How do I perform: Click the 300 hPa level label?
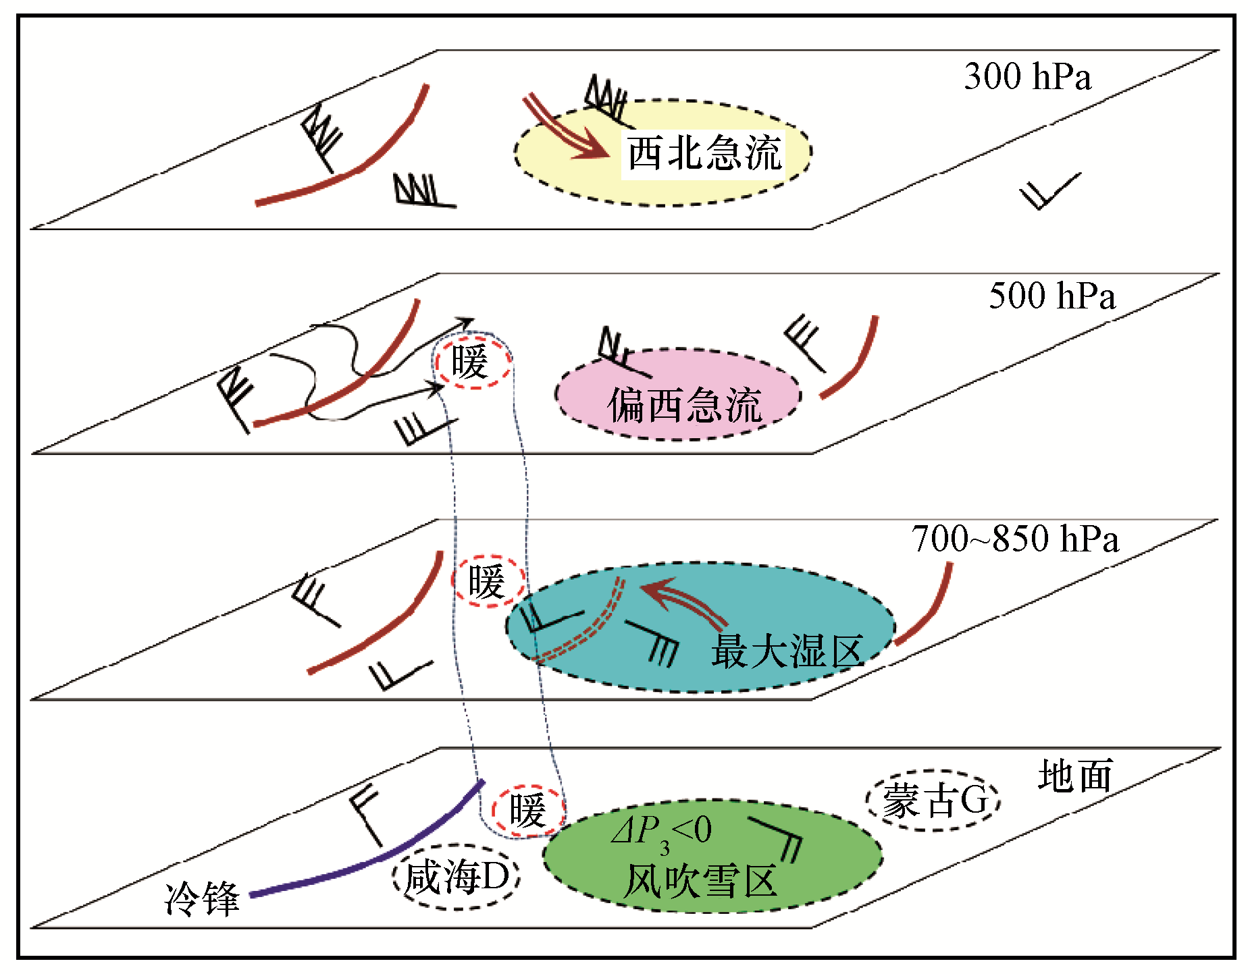tap(1026, 76)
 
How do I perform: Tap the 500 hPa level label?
tap(1051, 296)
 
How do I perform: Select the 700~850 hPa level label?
tap(1014, 539)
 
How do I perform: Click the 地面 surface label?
tap(1075, 776)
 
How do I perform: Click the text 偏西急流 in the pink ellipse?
tap(684, 405)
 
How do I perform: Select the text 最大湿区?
tap(787, 651)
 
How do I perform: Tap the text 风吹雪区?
tap(700, 881)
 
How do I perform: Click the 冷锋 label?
tap(202, 898)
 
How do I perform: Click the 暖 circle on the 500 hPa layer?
tap(471, 362)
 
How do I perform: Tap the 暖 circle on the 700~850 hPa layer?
tap(487, 581)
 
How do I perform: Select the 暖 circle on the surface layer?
tap(527, 810)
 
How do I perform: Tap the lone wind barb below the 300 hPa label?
tap(1049, 191)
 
